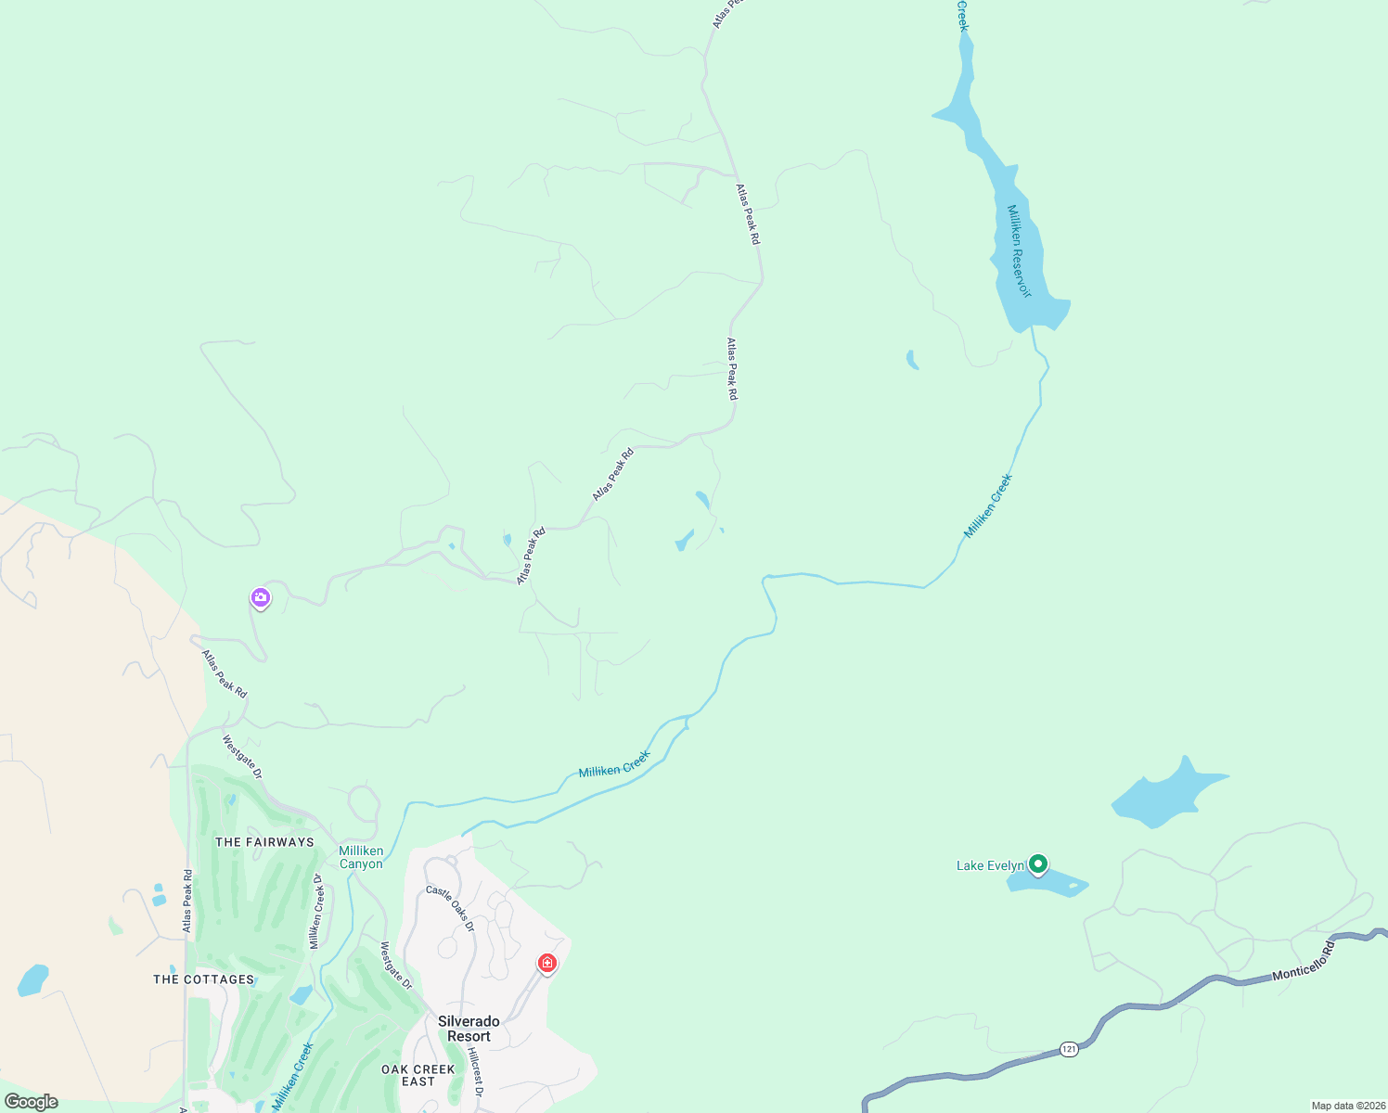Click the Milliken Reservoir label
1020,250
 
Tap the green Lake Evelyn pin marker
1038,864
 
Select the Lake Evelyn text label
990,866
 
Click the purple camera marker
261,598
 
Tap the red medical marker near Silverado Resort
547,964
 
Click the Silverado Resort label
469,1029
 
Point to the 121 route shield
1069,1049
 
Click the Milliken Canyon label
361,857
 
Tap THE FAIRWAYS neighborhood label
264,842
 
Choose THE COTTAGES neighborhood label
203,979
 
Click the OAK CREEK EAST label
418,1075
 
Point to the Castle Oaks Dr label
450,909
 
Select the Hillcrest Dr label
475,1072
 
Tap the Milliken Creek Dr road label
316,912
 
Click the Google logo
31,1102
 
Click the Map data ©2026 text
1348,1106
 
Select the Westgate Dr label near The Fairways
242,757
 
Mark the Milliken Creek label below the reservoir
988,506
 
